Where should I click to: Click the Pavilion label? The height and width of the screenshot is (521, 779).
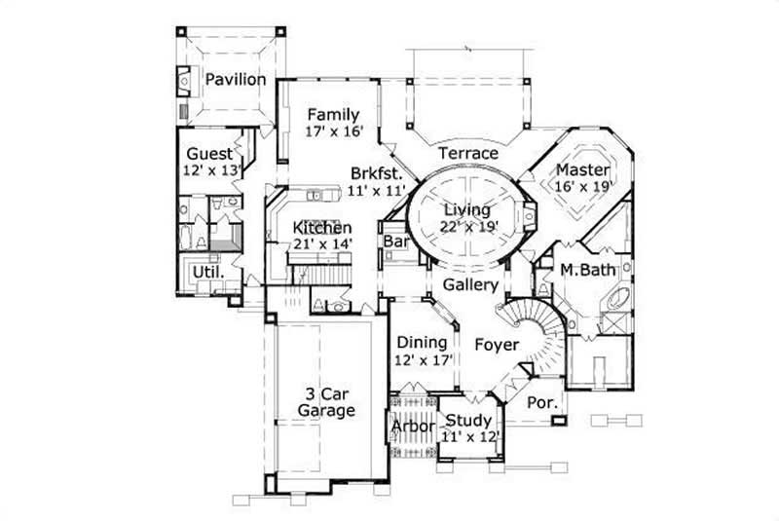pos(235,80)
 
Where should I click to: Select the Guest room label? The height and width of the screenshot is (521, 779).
pos(210,154)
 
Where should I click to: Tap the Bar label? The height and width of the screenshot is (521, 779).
pos(394,240)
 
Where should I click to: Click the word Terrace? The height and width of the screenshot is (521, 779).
pos(467,153)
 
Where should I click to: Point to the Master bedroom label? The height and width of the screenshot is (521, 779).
pos(583,168)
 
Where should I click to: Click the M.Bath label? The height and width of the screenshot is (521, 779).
pos(584,270)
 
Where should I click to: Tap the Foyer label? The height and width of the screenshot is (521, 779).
pos(496,344)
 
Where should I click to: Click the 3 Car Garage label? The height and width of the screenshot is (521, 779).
pos(325,402)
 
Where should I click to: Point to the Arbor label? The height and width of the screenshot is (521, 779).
pos(412,428)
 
